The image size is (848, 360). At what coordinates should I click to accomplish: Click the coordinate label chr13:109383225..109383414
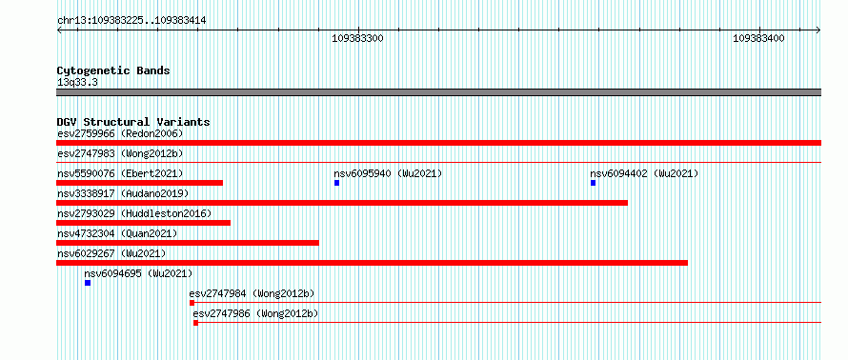point(131,21)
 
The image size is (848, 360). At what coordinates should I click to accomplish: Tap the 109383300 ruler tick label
point(357,38)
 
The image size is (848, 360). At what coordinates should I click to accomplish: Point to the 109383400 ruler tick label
point(758,38)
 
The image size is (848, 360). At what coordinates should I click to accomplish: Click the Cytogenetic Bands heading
point(113,70)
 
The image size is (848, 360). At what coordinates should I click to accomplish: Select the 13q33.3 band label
point(77,82)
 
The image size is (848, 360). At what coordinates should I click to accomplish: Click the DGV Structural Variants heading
point(133,122)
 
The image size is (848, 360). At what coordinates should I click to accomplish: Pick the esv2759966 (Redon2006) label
point(120,133)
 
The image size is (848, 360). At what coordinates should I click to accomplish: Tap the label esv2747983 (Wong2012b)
point(120,153)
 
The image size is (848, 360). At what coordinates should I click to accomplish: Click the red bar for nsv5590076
point(139,183)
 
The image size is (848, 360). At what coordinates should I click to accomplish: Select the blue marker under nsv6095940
point(337,183)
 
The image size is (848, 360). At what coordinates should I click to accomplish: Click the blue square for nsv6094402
point(594,183)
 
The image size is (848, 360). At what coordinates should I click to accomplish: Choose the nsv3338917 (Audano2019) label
point(123,193)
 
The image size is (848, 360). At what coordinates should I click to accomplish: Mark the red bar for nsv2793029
point(143,223)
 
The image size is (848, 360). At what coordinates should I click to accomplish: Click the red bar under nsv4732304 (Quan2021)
point(188,243)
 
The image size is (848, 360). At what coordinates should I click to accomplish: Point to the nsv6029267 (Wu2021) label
point(111,253)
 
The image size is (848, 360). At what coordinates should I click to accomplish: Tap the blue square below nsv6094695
point(88,283)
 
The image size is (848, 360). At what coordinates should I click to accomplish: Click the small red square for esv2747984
point(192,303)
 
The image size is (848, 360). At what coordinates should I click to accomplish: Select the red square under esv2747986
point(195,323)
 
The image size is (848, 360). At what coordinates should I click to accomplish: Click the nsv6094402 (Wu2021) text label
point(644,173)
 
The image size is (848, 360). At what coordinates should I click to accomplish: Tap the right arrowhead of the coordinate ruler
point(818,30)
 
